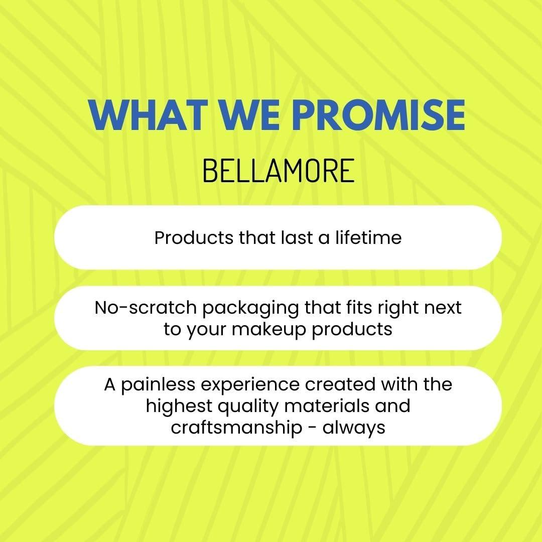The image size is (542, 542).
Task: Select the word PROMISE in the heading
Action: tap(379, 115)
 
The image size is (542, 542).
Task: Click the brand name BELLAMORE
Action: tap(278, 171)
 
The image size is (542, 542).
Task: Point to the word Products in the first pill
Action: tap(194, 238)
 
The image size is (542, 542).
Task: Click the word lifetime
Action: tap(368, 238)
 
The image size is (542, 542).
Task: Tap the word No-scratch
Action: tap(146, 307)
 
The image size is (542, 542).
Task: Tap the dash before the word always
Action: tap(312, 429)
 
